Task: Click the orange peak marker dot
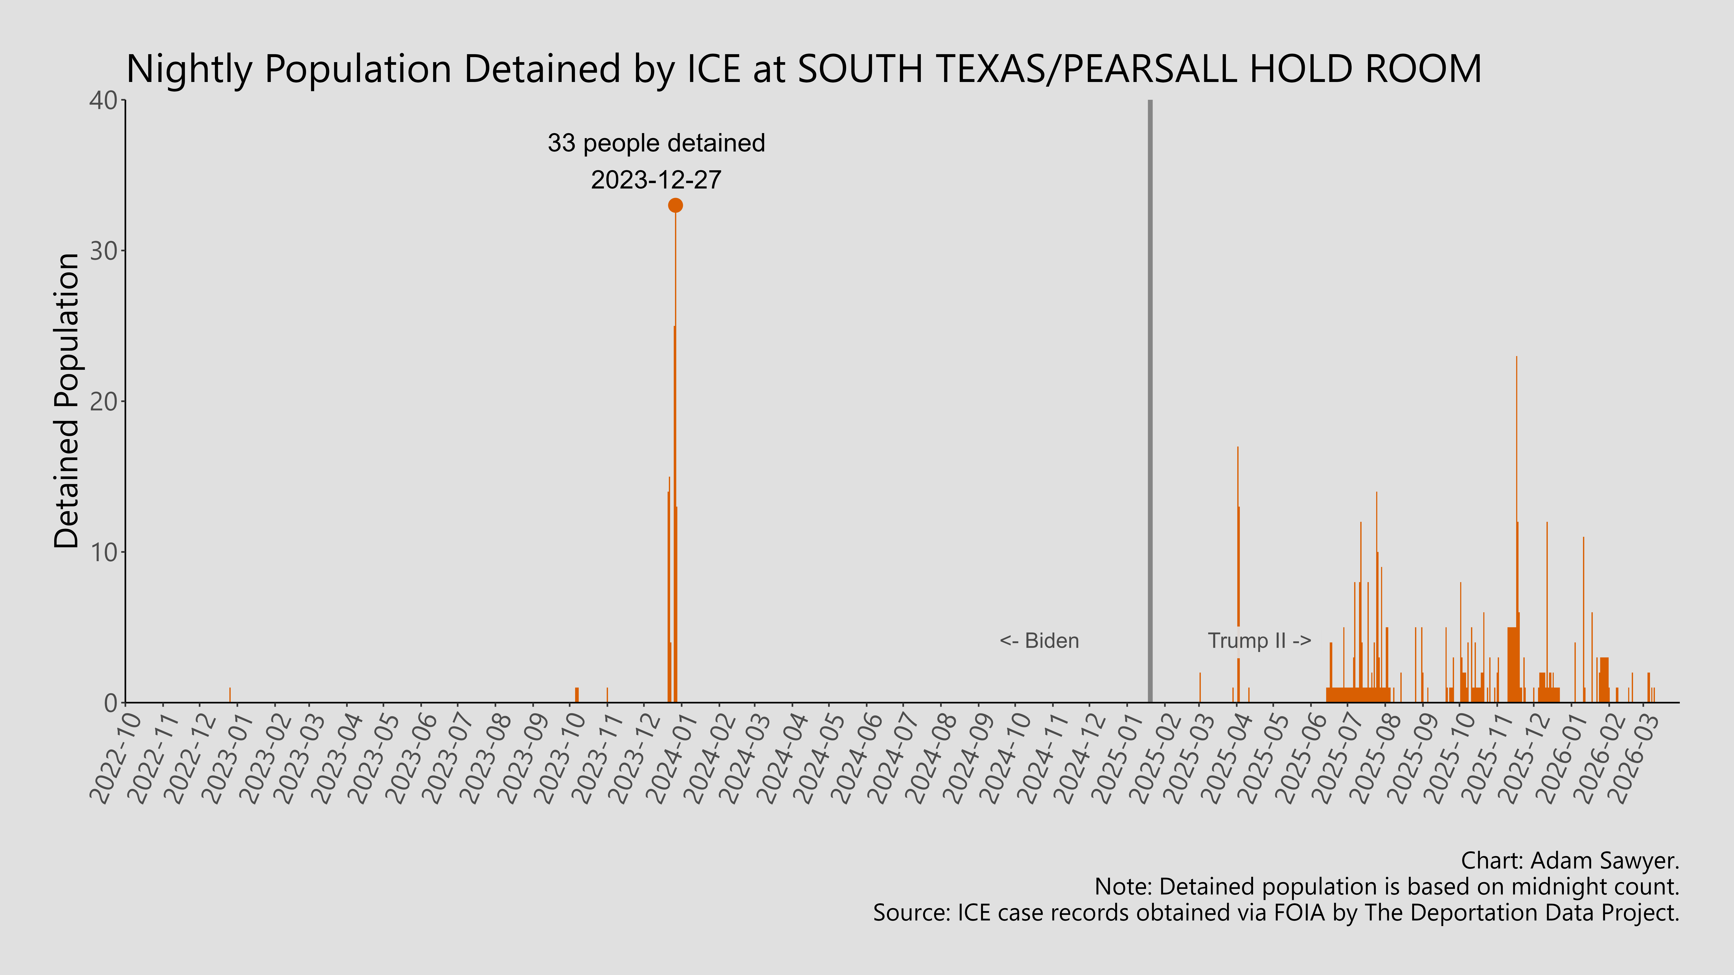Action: pos(675,205)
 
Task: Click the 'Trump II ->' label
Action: pos(1259,641)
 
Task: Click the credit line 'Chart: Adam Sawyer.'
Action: pos(1570,861)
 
